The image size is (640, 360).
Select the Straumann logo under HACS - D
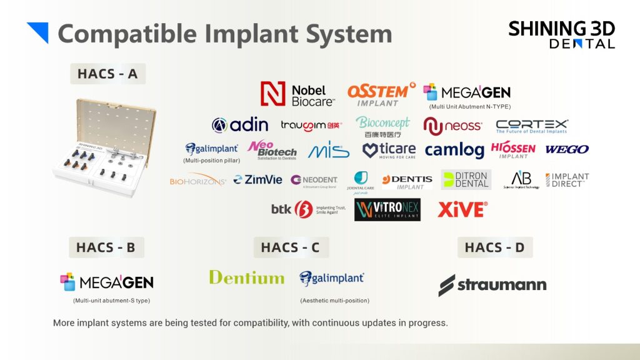(492, 285)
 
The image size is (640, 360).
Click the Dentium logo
(246, 277)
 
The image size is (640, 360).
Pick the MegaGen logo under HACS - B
(107, 282)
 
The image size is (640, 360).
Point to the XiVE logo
(462, 209)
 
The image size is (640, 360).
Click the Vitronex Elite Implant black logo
(387, 210)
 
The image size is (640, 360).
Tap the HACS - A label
(107, 74)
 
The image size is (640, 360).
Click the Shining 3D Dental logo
(561, 34)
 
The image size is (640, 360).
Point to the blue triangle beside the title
(39, 32)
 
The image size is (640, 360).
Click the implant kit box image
(104, 147)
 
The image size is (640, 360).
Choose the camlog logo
(454, 150)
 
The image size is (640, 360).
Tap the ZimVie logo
(257, 180)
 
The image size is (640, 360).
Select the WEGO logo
(567, 150)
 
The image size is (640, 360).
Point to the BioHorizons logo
(197, 181)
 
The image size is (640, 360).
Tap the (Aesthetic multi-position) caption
(334, 301)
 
